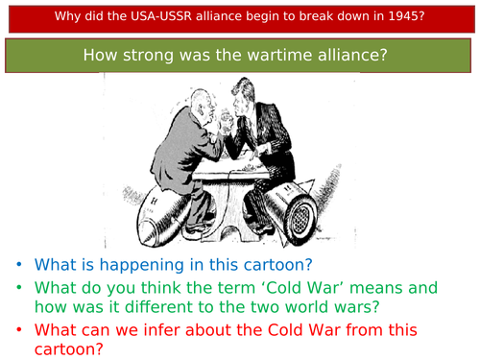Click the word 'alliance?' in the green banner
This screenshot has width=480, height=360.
pyautogui.click(x=343, y=56)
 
